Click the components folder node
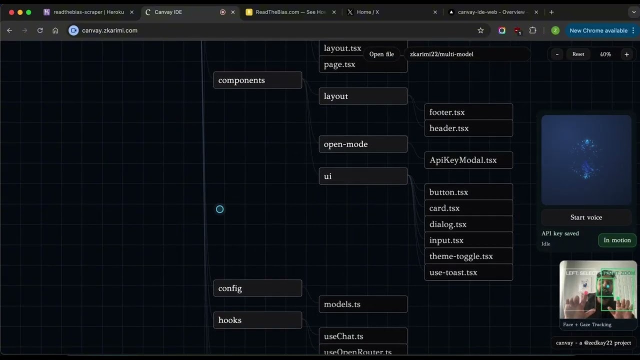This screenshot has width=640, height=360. (257, 80)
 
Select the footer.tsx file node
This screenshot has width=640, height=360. (468, 112)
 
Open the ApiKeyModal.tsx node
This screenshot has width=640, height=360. (468, 160)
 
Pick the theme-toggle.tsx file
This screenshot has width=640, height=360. (468, 256)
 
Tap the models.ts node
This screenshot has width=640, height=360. (363, 304)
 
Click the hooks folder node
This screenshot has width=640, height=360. (257, 320)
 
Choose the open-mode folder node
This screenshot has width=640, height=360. (363, 144)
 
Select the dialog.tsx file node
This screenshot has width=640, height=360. (468, 224)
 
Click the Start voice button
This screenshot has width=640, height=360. (586, 217)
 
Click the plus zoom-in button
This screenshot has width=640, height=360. (626, 54)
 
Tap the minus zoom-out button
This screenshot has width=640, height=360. (557, 54)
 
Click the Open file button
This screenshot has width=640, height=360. (381, 54)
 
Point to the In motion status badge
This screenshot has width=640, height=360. (617, 240)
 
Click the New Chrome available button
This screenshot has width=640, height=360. (598, 30)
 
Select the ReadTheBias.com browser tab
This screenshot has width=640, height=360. (290, 12)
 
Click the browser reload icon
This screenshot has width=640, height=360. (40, 30)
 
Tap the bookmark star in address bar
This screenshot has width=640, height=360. (480, 30)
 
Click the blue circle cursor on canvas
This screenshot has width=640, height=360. (219, 209)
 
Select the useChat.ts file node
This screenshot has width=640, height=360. (363, 336)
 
